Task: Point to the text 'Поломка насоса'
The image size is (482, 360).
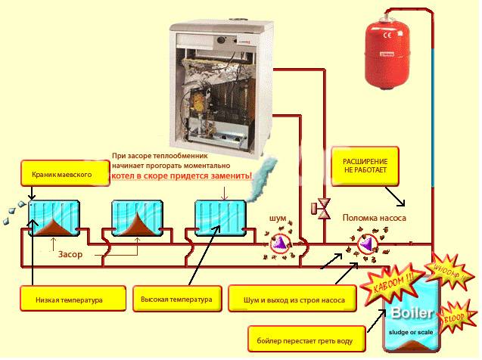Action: [374, 218]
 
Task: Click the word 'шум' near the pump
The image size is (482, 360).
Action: [278, 219]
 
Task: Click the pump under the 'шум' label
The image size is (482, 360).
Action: [281, 243]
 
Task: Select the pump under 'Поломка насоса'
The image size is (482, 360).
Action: [368, 244]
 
